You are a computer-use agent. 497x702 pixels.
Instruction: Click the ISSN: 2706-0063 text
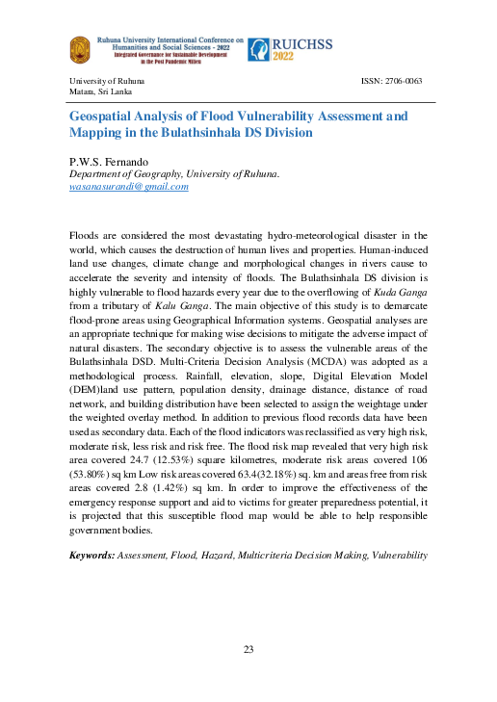point(391,81)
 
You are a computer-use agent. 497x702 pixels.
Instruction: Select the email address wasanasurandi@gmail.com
point(128,187)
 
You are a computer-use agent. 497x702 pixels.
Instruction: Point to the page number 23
point(248,649)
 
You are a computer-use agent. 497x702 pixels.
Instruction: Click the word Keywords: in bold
point(92,556)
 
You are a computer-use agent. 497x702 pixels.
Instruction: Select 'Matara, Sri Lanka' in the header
point(101,91)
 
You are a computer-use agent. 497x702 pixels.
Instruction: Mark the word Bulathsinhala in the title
point(219,135)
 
